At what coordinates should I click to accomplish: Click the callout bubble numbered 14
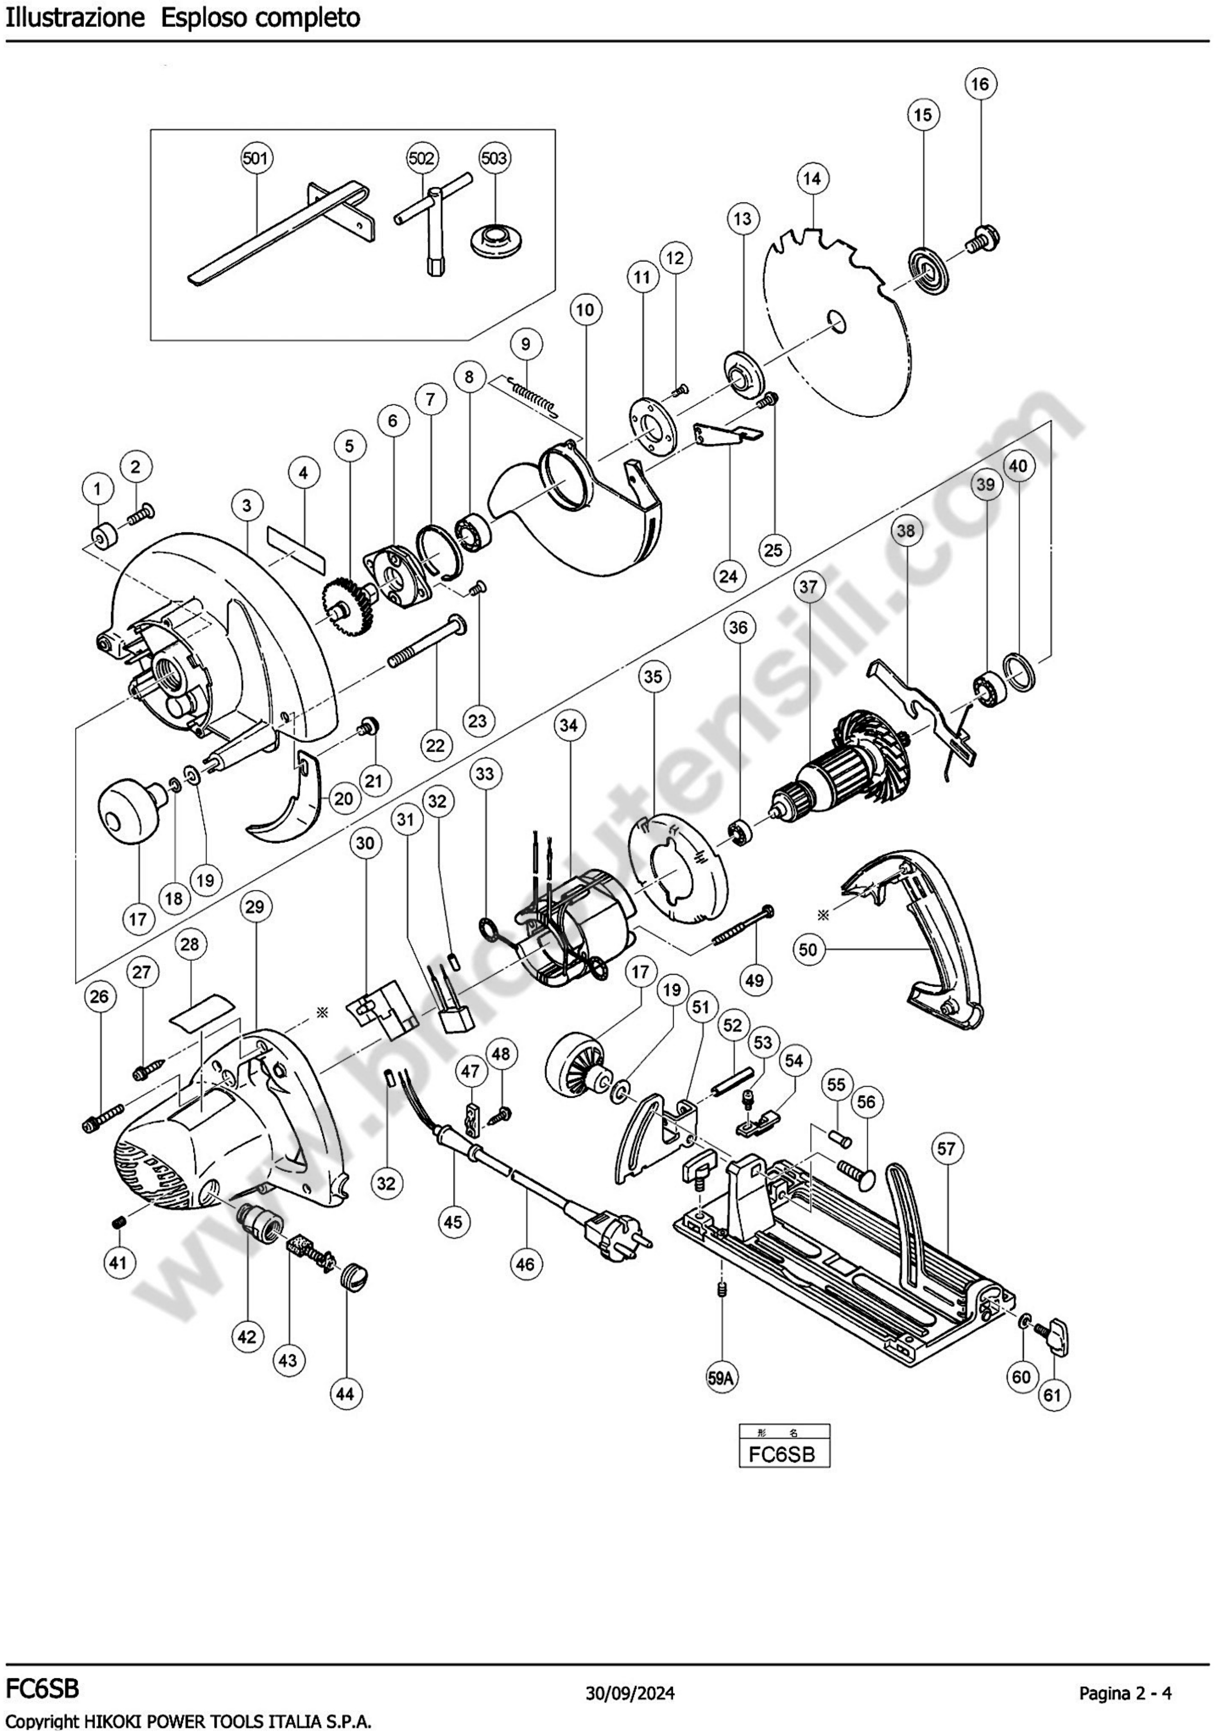pos(812,179)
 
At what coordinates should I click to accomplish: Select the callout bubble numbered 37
pos(808,586)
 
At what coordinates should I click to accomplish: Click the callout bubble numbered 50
pos(807,949)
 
